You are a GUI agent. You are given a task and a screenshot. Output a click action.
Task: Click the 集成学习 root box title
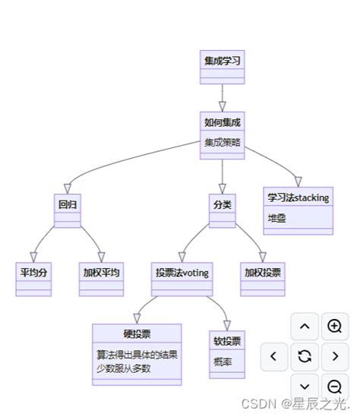[x=223, y=60]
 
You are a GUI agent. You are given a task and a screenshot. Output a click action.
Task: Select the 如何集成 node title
[x=223, y=122]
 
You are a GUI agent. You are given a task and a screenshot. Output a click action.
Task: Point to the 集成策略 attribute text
[x=222, y=141]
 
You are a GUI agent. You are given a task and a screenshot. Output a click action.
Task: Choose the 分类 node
[x=222, y=204]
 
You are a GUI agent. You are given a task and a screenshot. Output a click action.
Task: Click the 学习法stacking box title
[x=298, y=197]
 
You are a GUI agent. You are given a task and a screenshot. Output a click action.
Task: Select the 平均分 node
[x=33, y=272]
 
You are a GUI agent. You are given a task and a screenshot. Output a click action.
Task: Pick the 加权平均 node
[x=103, y=272]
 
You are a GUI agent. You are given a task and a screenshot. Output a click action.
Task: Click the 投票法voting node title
[x=182, y=272]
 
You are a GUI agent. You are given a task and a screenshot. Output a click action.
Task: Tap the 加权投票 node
[x=263, y=272]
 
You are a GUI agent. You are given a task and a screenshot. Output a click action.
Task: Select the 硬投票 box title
[x=137, y=333]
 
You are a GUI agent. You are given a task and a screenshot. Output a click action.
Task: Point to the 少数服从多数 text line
[x=124, y=368]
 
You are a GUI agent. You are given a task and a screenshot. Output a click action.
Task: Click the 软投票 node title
[x=227, y=340]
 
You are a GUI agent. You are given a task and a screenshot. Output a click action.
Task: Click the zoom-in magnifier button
[x=334, y=326]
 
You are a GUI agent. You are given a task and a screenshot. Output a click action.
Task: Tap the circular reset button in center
[x=305, y=355]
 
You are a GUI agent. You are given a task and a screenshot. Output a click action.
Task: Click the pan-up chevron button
[x=305, y=326]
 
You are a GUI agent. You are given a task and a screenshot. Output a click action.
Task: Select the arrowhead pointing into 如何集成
[x=223, y=107]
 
